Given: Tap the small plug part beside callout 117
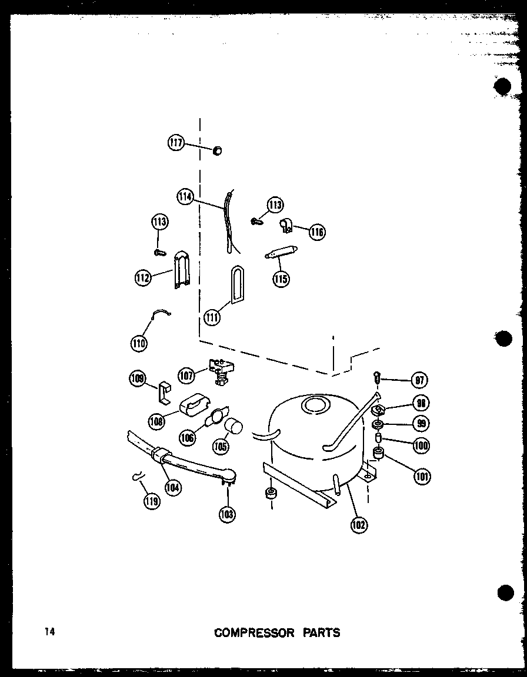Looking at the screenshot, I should point(217,151).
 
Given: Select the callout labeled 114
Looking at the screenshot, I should point(185,196).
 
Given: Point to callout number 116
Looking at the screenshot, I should point(316,232).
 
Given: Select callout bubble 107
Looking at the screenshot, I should point(187,374).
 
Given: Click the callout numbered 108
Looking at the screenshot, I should point(157,420).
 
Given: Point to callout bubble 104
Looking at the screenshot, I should point(173,487).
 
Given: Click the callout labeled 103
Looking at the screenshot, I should point(226,514).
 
